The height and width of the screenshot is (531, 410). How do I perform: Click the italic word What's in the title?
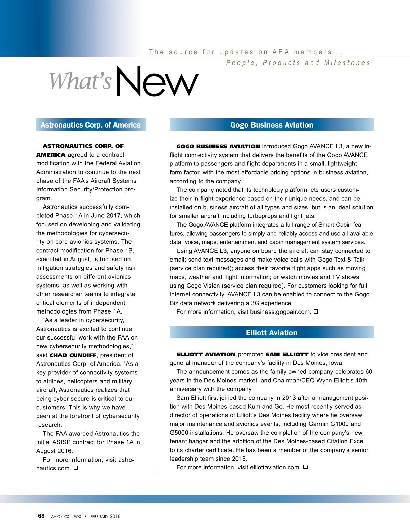tap(81, 81)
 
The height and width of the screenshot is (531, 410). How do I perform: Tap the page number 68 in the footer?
tap(41, 516)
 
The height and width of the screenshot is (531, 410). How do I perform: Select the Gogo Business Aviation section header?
tap(272, 125)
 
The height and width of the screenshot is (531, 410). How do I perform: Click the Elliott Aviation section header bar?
tap(272, 333)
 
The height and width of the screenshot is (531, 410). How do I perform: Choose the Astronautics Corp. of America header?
tap(91, 125)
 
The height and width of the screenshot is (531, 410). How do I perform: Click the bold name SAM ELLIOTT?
tap(287, 354)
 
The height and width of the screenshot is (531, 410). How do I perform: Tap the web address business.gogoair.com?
tap(280, 312)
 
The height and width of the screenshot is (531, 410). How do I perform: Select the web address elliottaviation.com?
tap(275, 467)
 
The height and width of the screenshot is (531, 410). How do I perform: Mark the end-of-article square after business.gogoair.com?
tap(316, 311)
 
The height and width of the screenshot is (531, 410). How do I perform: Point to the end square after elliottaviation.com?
tap(305, 467)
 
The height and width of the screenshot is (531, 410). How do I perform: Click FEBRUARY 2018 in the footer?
tap(105, 517)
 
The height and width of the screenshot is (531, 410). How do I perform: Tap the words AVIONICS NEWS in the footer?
tap(66, 517)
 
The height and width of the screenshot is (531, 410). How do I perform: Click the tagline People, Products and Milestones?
tap(298, 63)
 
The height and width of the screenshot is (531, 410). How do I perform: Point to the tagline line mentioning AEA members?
tap(246, 52)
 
